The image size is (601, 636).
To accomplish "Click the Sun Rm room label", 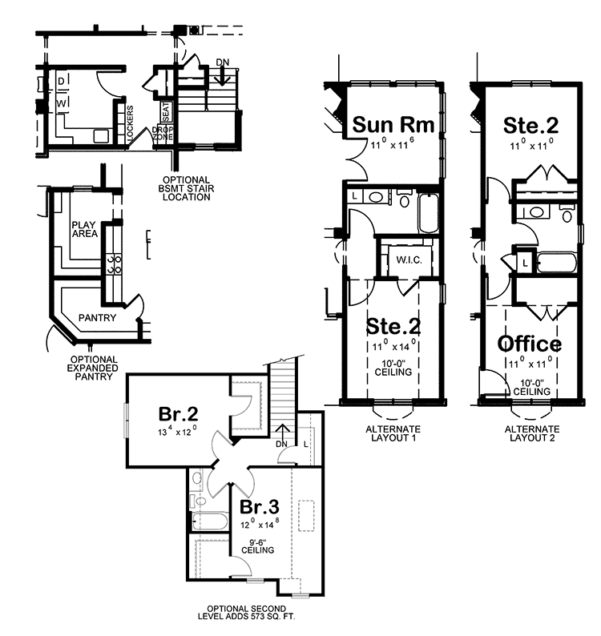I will tap(393, 125).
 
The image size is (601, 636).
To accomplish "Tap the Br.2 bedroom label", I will tap(178, 415).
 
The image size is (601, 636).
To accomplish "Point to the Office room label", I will tap(530, 344).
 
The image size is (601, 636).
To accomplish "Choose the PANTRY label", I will tap(97, 318).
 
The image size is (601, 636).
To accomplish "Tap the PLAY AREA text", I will tap(84, 229).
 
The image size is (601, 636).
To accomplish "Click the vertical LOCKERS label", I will tap(131, 124).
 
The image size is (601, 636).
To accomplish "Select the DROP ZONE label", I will tap(163, 135).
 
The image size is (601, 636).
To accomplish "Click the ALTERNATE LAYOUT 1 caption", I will tap(392, 433).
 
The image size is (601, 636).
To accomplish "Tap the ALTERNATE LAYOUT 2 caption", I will tap(531, 433).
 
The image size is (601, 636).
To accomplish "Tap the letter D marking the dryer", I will tap(61, 82).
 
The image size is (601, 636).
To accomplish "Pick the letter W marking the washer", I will tap(61, 103).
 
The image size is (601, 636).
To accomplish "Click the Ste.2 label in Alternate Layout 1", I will tap(393, 327).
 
